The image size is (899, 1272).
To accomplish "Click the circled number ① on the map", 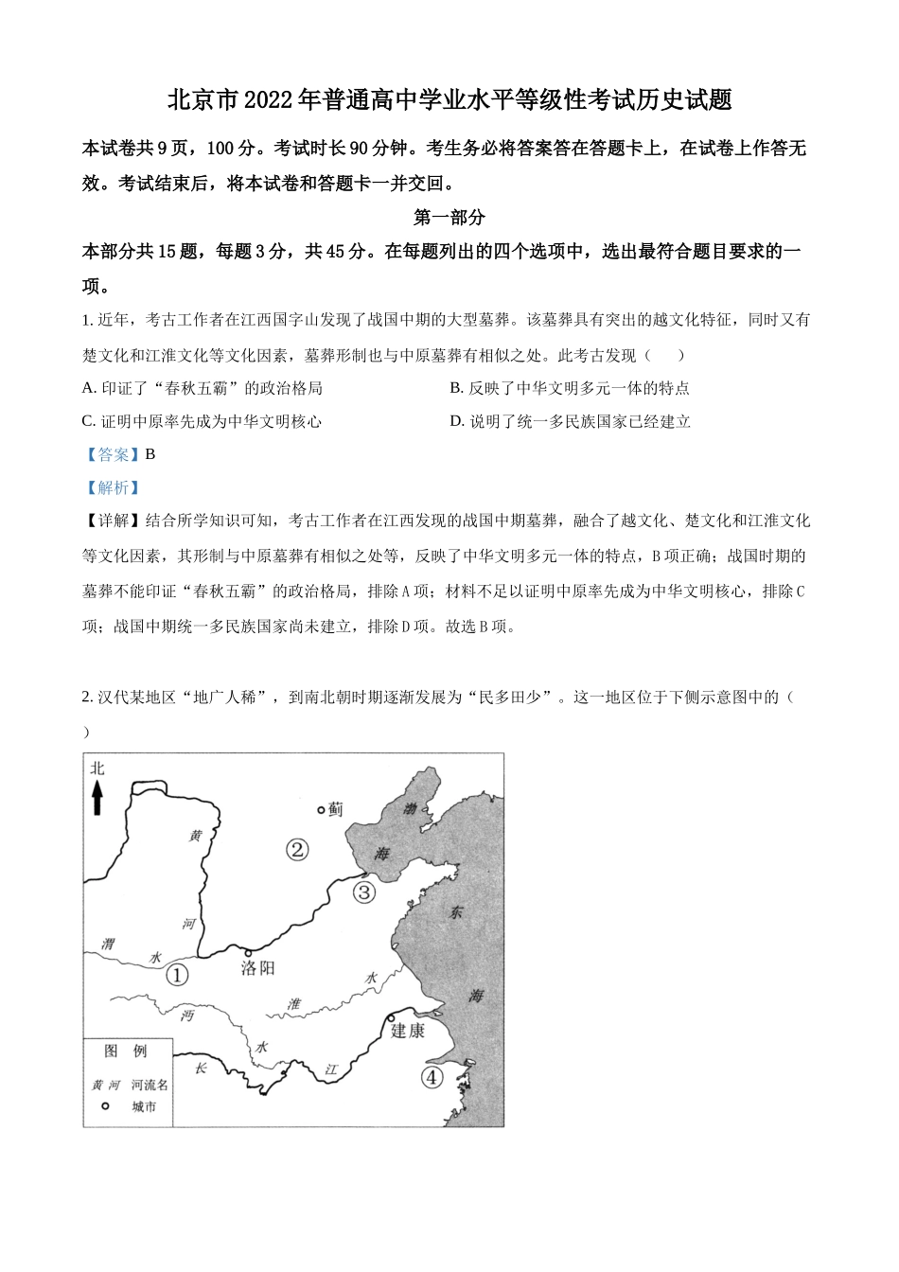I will click(x=177, y=974).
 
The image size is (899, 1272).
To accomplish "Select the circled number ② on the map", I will click(x=297, y=850).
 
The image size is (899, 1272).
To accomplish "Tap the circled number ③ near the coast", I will click(x=364, y=892).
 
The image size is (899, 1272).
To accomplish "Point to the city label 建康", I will click(x=408, y=1031).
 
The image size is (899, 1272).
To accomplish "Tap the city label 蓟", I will click(x=336, y=809).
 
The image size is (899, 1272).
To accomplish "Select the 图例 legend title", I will click(x=126, y=1051).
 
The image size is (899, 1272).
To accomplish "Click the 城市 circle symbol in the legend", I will click(x=105, y=1105).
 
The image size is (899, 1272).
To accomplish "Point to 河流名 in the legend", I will click(x=150, y=1085).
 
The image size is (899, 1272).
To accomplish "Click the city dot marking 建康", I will click(x=390, y=1018).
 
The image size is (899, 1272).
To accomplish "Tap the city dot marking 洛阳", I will click(x=248, y=952).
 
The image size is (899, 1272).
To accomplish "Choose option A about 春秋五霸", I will click(x=203, y=388).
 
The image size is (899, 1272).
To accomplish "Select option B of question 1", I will click(x=569, y=388).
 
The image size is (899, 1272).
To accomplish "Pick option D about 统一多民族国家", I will click(x=570, y=421).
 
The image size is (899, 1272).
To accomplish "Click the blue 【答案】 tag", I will click(x=113, y=454).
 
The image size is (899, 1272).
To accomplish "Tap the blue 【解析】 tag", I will click(x=113, y=487).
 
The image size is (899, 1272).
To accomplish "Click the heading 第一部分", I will click(x=449, y=218).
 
